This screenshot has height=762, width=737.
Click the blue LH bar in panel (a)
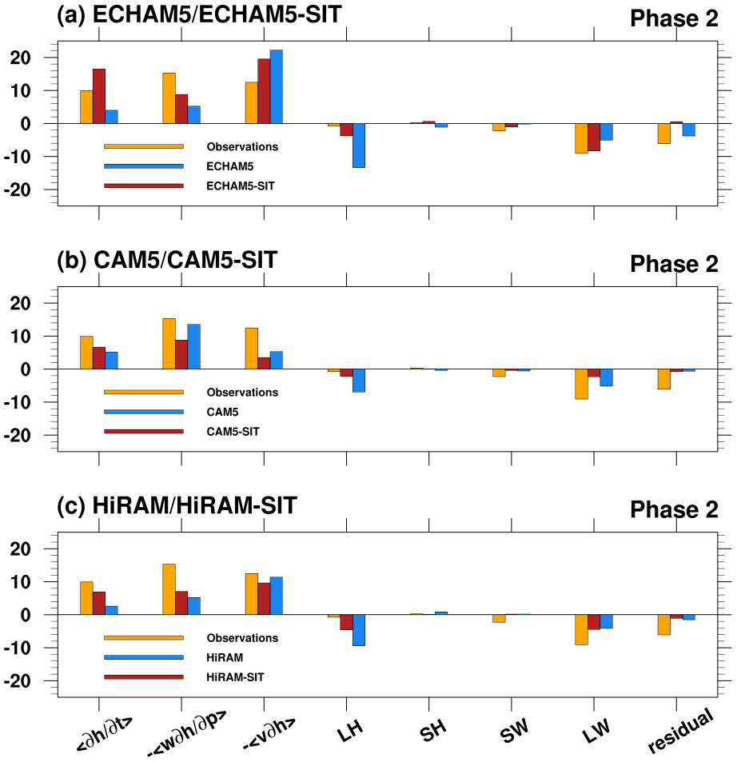[x=359, y=146]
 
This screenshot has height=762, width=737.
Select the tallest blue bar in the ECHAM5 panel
[x=277, y=86]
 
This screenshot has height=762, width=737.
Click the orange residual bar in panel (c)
[x=663, y=624]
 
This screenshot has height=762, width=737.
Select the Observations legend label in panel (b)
[x=242, y=393]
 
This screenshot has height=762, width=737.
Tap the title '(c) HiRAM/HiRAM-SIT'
[x=177, y=505]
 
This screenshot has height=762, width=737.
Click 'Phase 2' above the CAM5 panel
[x=674, y=264]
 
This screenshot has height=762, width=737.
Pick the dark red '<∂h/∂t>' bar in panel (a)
[x=99, y=96]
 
